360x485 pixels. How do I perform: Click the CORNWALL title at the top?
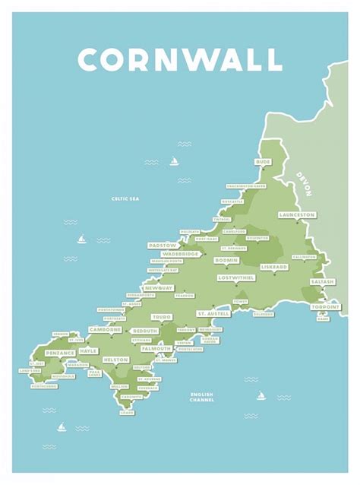[x=180, y=59]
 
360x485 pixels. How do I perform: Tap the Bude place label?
[x=263, y=162]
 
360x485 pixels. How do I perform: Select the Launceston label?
[x=296, y=215]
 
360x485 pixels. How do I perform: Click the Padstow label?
[x=163, y=246]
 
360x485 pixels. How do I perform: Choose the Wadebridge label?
[x=181, y=254]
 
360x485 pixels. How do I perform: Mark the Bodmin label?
[x=226, y=260]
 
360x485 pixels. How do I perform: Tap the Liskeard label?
[x=273, y=267]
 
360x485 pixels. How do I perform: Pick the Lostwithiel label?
[x=235, y=278]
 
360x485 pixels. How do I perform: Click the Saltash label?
[x=321, y=281]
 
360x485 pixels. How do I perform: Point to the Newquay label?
[x=159, y=289]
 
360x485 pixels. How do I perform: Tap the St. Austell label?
[x=213, y=313]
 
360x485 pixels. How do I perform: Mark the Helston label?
[x=115, y=359]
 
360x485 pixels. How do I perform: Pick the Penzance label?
[x=60, y=353]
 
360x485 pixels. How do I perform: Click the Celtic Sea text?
[x=125, y=199]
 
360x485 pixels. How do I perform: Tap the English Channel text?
[x=203, y=397]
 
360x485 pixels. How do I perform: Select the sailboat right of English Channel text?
[x=261, y=395]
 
